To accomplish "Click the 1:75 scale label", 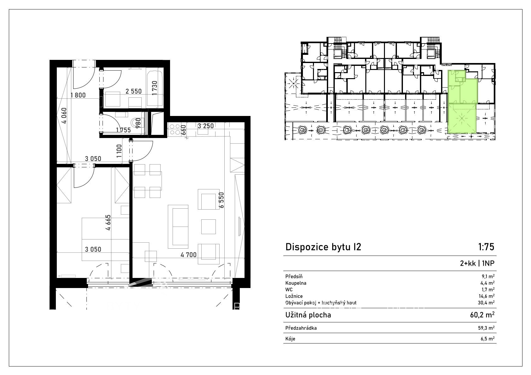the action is pyautogui.click(x=486, y=247).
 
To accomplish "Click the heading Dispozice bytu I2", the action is pyautogui.click(x=323, y=247).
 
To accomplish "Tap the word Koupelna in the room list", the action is pyautogui.click(x=296, y=283).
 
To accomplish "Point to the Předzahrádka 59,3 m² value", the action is pyautogui.click(x=486, y=328).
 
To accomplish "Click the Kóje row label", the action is pyautogui.click(x=290, y=339).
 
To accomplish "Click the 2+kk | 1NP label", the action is pyautogui.click(x=477, y=263).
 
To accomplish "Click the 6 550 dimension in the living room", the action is pyautogui.click(x=221, y=200).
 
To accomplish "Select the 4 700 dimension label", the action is pyautogui.click(x=188, y=255).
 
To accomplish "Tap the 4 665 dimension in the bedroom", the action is pyautogui.click(x=108, y=222).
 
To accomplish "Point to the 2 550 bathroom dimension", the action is pyautogui.click(x=133, y=91).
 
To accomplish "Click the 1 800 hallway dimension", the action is pyautogui.click(x=78, y=95).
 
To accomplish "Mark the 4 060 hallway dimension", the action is pyautogui.click(x=64, y=116).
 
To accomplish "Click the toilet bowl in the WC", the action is pyautogui.click(x=137, y=123).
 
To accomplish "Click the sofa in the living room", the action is pyautogui.click(x=178, y=227).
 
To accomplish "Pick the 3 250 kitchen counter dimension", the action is pyautogui.click(x=205, y=126).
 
